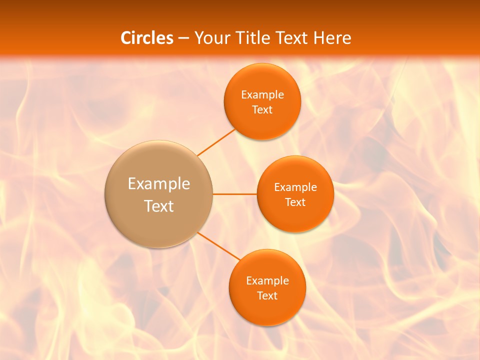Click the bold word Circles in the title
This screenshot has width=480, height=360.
147,38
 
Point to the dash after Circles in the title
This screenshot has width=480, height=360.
183,38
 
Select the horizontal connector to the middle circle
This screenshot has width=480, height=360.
234,194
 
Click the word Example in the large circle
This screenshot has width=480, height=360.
159,184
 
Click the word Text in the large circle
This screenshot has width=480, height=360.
159,206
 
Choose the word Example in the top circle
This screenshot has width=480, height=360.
262,95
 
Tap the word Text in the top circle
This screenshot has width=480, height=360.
262,110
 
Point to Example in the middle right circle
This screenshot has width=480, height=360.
295,187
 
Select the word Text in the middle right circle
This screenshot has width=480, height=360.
295,202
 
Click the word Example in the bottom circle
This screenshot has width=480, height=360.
267,281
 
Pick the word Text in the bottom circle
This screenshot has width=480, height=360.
267,296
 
